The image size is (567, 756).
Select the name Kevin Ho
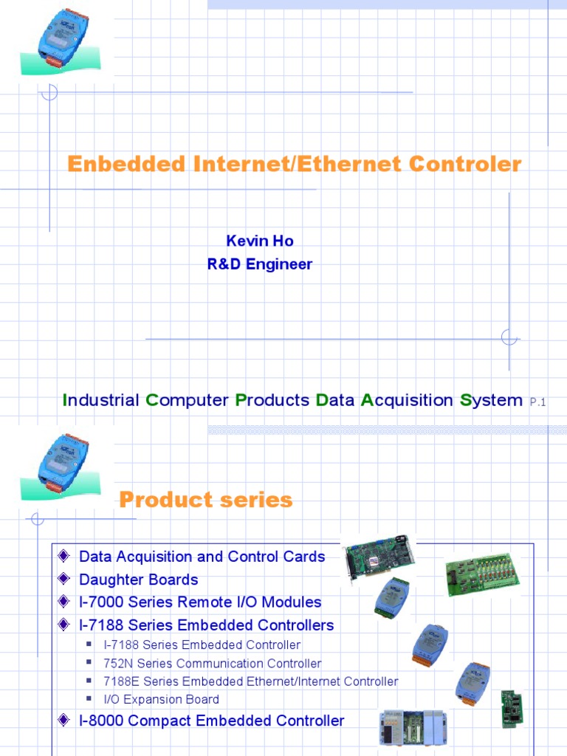[259, 241]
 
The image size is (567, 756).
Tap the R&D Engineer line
[259, 264]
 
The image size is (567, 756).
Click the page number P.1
[537, 402]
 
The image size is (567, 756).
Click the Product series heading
[206, 500]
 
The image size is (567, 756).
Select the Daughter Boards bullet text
[139, 580]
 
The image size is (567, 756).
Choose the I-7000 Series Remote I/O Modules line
[200, 602]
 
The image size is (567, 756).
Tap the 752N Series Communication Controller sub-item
[213, 664]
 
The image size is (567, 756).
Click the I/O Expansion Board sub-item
[162, 699]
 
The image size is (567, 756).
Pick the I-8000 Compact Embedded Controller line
[211, 721]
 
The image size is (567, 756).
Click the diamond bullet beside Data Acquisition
[63, 556]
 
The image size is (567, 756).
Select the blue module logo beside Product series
[55, 461]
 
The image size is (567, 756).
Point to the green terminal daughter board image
[482, 575]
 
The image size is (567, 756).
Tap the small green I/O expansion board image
[512, 708]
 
